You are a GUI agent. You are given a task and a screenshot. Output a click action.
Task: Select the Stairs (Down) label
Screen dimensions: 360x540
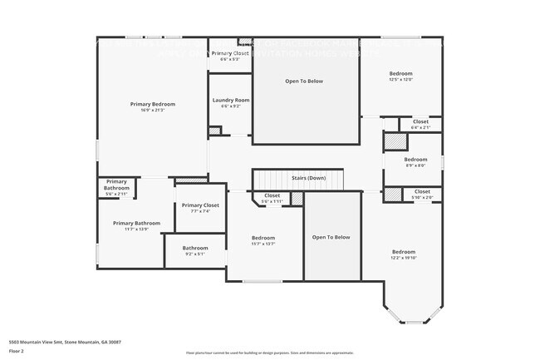coord(308,178)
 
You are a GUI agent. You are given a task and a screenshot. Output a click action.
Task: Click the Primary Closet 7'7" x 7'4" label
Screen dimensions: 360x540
coord(200,208)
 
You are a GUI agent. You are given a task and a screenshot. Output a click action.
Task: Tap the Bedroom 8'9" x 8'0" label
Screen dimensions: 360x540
coord(415,162)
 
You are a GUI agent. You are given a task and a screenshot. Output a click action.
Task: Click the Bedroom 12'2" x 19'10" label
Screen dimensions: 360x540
coord(404,254)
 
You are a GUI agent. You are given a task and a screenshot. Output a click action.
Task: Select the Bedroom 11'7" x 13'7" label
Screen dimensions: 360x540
coord(263,241)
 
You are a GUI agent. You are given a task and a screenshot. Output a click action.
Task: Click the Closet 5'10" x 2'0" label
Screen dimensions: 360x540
coord(422,195)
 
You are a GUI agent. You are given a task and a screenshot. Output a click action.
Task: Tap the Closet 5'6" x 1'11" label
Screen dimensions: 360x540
coord(272,199)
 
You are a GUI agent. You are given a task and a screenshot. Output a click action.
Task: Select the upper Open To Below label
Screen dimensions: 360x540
coord(304,81)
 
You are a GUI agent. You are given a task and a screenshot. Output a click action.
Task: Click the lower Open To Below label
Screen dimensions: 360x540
coord(331,237)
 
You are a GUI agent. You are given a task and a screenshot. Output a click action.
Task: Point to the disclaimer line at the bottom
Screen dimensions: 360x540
coord(269,353)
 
